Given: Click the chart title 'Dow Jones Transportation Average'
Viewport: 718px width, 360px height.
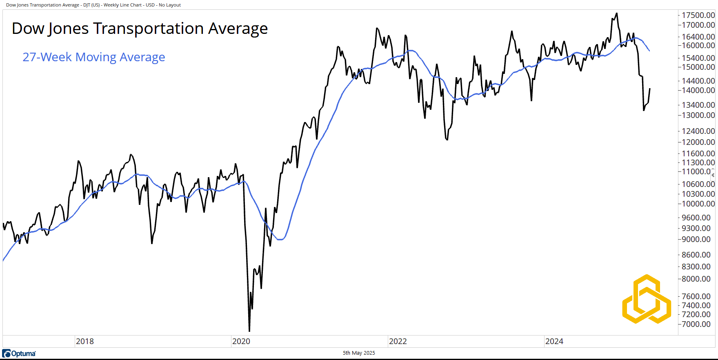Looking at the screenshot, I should pyautogui.click(x=140, y=29).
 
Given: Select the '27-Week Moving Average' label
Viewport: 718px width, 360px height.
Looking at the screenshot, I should pyautogui.click(x=93, y=57).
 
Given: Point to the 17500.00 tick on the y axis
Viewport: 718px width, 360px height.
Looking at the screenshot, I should pyautogui.click(x=698, y=15).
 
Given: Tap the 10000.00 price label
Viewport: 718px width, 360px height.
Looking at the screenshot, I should pyautogui.click(x=698, y=204).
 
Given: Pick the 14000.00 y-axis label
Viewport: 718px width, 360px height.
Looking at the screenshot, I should pyautogui.click(x=698, y=90).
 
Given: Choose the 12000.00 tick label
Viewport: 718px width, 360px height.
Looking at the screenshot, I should pyautogui.click(x=698, y=142).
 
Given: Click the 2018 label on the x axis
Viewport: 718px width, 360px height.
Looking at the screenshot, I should pyautogui.click(x=84, y=341).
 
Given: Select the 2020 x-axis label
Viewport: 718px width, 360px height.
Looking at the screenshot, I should pyautogui.click(x=241, y=341).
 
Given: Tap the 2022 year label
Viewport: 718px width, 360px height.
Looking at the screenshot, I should pyautogui.click(x=398, y=341).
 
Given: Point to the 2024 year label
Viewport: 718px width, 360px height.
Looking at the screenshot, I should pyautogui.click(x=554, y=341).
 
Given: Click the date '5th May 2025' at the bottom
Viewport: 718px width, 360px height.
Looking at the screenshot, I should pyautogui.click(x=359, y=353).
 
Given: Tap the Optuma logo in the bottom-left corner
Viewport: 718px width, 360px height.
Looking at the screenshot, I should pyautogui.click(x=19, y=353).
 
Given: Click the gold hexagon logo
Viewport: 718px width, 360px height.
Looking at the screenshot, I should pyautogui.click(x=647, y=299).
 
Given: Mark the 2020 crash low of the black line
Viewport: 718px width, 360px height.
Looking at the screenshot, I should pyautogui.click(x=249, y=331).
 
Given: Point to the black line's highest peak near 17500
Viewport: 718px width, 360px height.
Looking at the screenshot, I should pyautogui.click(x=616, y=13).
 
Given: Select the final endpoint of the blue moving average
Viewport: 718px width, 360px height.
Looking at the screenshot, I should pyautogui.click(x=649, y=51).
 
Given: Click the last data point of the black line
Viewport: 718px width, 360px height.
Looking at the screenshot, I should pyautogui.click(x=649, y=89).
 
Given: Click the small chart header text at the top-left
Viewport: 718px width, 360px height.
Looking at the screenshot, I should pyautogui.click(x=93, y=5).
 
